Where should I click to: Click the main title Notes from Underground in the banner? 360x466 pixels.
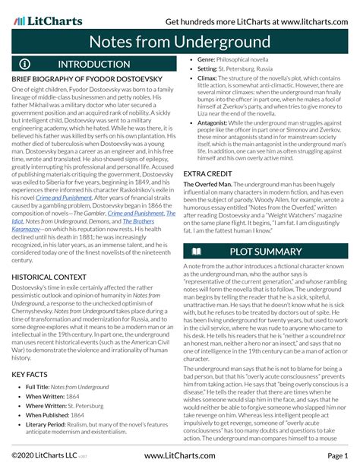(180, 38)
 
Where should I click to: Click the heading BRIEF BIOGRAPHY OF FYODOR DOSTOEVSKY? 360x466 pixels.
(88, 79)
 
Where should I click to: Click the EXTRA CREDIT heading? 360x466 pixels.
(208, 175)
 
